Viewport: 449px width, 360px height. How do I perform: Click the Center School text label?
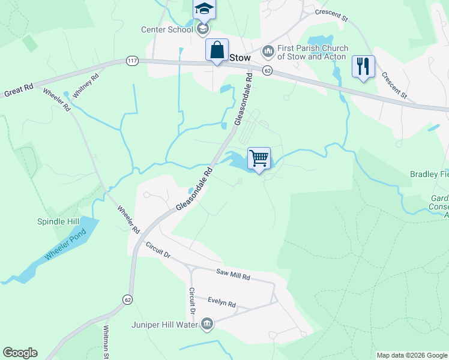167,29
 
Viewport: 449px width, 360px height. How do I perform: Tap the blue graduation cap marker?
204,10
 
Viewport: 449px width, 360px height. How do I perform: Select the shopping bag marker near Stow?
217,50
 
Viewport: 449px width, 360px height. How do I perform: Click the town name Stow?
239,57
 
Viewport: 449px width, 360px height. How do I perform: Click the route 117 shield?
133,60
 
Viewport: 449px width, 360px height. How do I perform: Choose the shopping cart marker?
259,159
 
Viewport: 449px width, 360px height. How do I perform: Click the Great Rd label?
19,91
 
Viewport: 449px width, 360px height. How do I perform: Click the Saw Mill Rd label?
233,275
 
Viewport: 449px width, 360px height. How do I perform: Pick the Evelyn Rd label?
222,302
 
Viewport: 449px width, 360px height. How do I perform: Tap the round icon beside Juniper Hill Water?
207,325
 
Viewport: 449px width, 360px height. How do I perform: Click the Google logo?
20,353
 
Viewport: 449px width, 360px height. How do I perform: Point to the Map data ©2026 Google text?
411,355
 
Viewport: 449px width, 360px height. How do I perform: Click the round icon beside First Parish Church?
268,52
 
